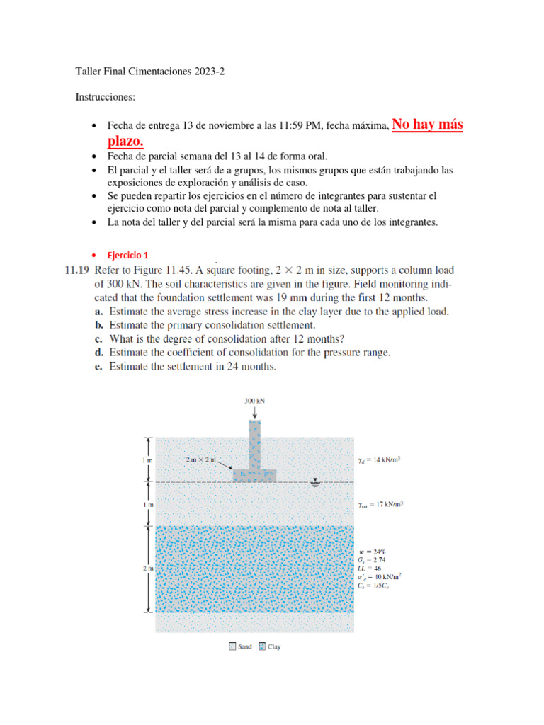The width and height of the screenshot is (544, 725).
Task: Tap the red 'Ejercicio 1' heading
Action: tap(127, 255)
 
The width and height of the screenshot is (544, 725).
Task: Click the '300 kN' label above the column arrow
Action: tap(254, 400)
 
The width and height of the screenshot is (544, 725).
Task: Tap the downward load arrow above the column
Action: tap(254, 412)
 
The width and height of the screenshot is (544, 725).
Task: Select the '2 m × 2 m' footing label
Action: tap(200, 459)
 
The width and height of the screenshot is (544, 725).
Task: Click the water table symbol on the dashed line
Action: tap(315, 485)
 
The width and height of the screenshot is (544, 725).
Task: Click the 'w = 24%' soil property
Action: tap(373, 551)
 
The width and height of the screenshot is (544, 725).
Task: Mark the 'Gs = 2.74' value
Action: tap(373, 559)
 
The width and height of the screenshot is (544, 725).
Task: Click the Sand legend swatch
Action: tap(233, 646)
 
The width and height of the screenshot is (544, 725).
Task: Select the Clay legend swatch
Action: tap(261, 646)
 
